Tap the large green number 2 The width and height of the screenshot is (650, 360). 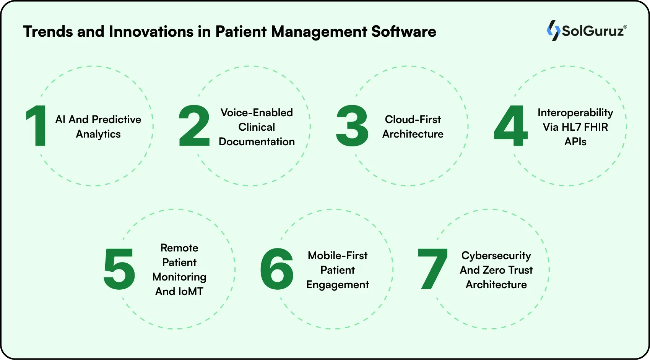194,126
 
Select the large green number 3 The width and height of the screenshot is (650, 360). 352,126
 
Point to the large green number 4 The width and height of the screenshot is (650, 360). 511,126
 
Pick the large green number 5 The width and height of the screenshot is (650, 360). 119,269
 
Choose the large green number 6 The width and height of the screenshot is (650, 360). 277,269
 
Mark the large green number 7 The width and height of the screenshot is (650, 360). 433,269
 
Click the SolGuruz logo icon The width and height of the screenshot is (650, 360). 553,31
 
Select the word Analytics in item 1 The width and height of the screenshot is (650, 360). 98,134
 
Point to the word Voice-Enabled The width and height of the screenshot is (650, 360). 257,113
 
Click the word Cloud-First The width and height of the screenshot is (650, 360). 413,120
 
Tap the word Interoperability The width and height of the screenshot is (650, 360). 575,113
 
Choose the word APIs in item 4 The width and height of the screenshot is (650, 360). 575,142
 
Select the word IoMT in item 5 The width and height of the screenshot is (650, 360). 190,292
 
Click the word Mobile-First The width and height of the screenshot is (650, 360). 338,256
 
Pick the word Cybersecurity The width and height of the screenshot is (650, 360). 496,256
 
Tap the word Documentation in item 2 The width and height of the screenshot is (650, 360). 257,142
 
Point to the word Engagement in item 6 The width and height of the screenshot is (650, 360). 338,285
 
